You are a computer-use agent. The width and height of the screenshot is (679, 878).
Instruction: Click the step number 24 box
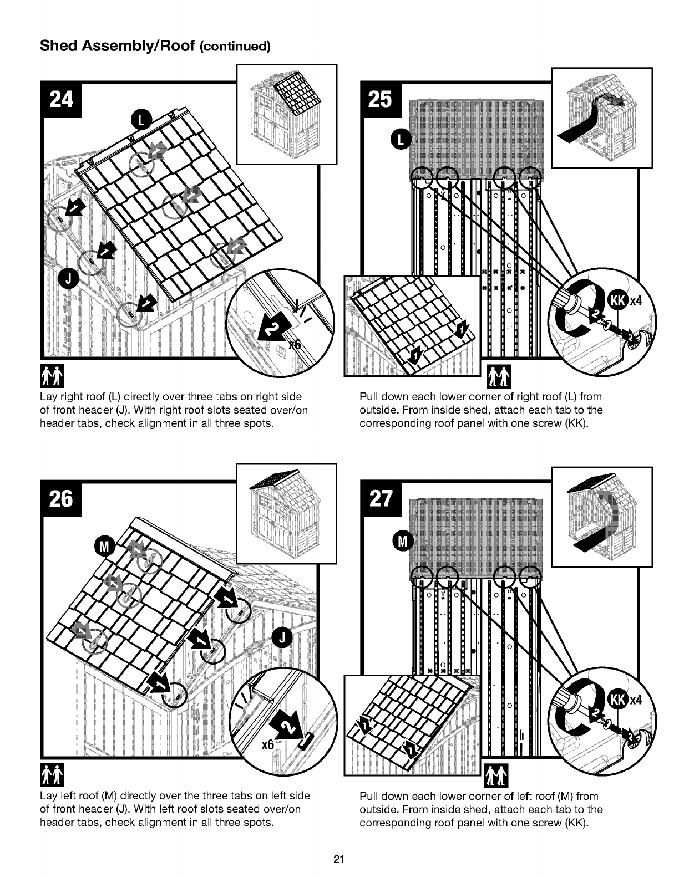point(62,100)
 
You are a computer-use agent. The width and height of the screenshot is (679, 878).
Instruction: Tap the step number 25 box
point(381,100)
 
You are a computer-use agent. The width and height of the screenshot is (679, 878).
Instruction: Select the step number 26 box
point(62,499)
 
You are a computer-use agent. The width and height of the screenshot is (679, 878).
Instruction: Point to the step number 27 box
point(381,499)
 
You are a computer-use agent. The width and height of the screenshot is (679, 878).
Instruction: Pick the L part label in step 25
point(401,140)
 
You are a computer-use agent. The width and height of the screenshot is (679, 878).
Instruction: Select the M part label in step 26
point(105,547)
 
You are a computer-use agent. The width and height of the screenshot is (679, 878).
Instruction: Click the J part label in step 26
point(282,637)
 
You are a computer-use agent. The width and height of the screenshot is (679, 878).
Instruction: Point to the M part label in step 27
point(403,542)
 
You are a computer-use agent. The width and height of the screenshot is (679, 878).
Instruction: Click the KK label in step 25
point(619,300)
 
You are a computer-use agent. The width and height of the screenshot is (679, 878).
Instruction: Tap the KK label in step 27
point(619,700)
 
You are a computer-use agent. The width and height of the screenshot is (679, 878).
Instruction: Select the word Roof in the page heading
point(177,46)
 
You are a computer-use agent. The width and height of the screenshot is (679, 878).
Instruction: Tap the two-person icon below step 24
point(53,376)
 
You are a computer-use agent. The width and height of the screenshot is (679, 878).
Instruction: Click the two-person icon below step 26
point(53,775)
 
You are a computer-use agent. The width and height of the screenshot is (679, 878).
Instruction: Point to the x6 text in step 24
point(295,344)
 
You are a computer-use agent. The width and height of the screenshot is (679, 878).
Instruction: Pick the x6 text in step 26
point(268,744)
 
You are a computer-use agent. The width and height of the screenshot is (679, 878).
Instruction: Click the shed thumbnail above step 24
point(287,114)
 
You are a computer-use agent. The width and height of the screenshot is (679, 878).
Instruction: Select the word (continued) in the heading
point(235,47)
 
